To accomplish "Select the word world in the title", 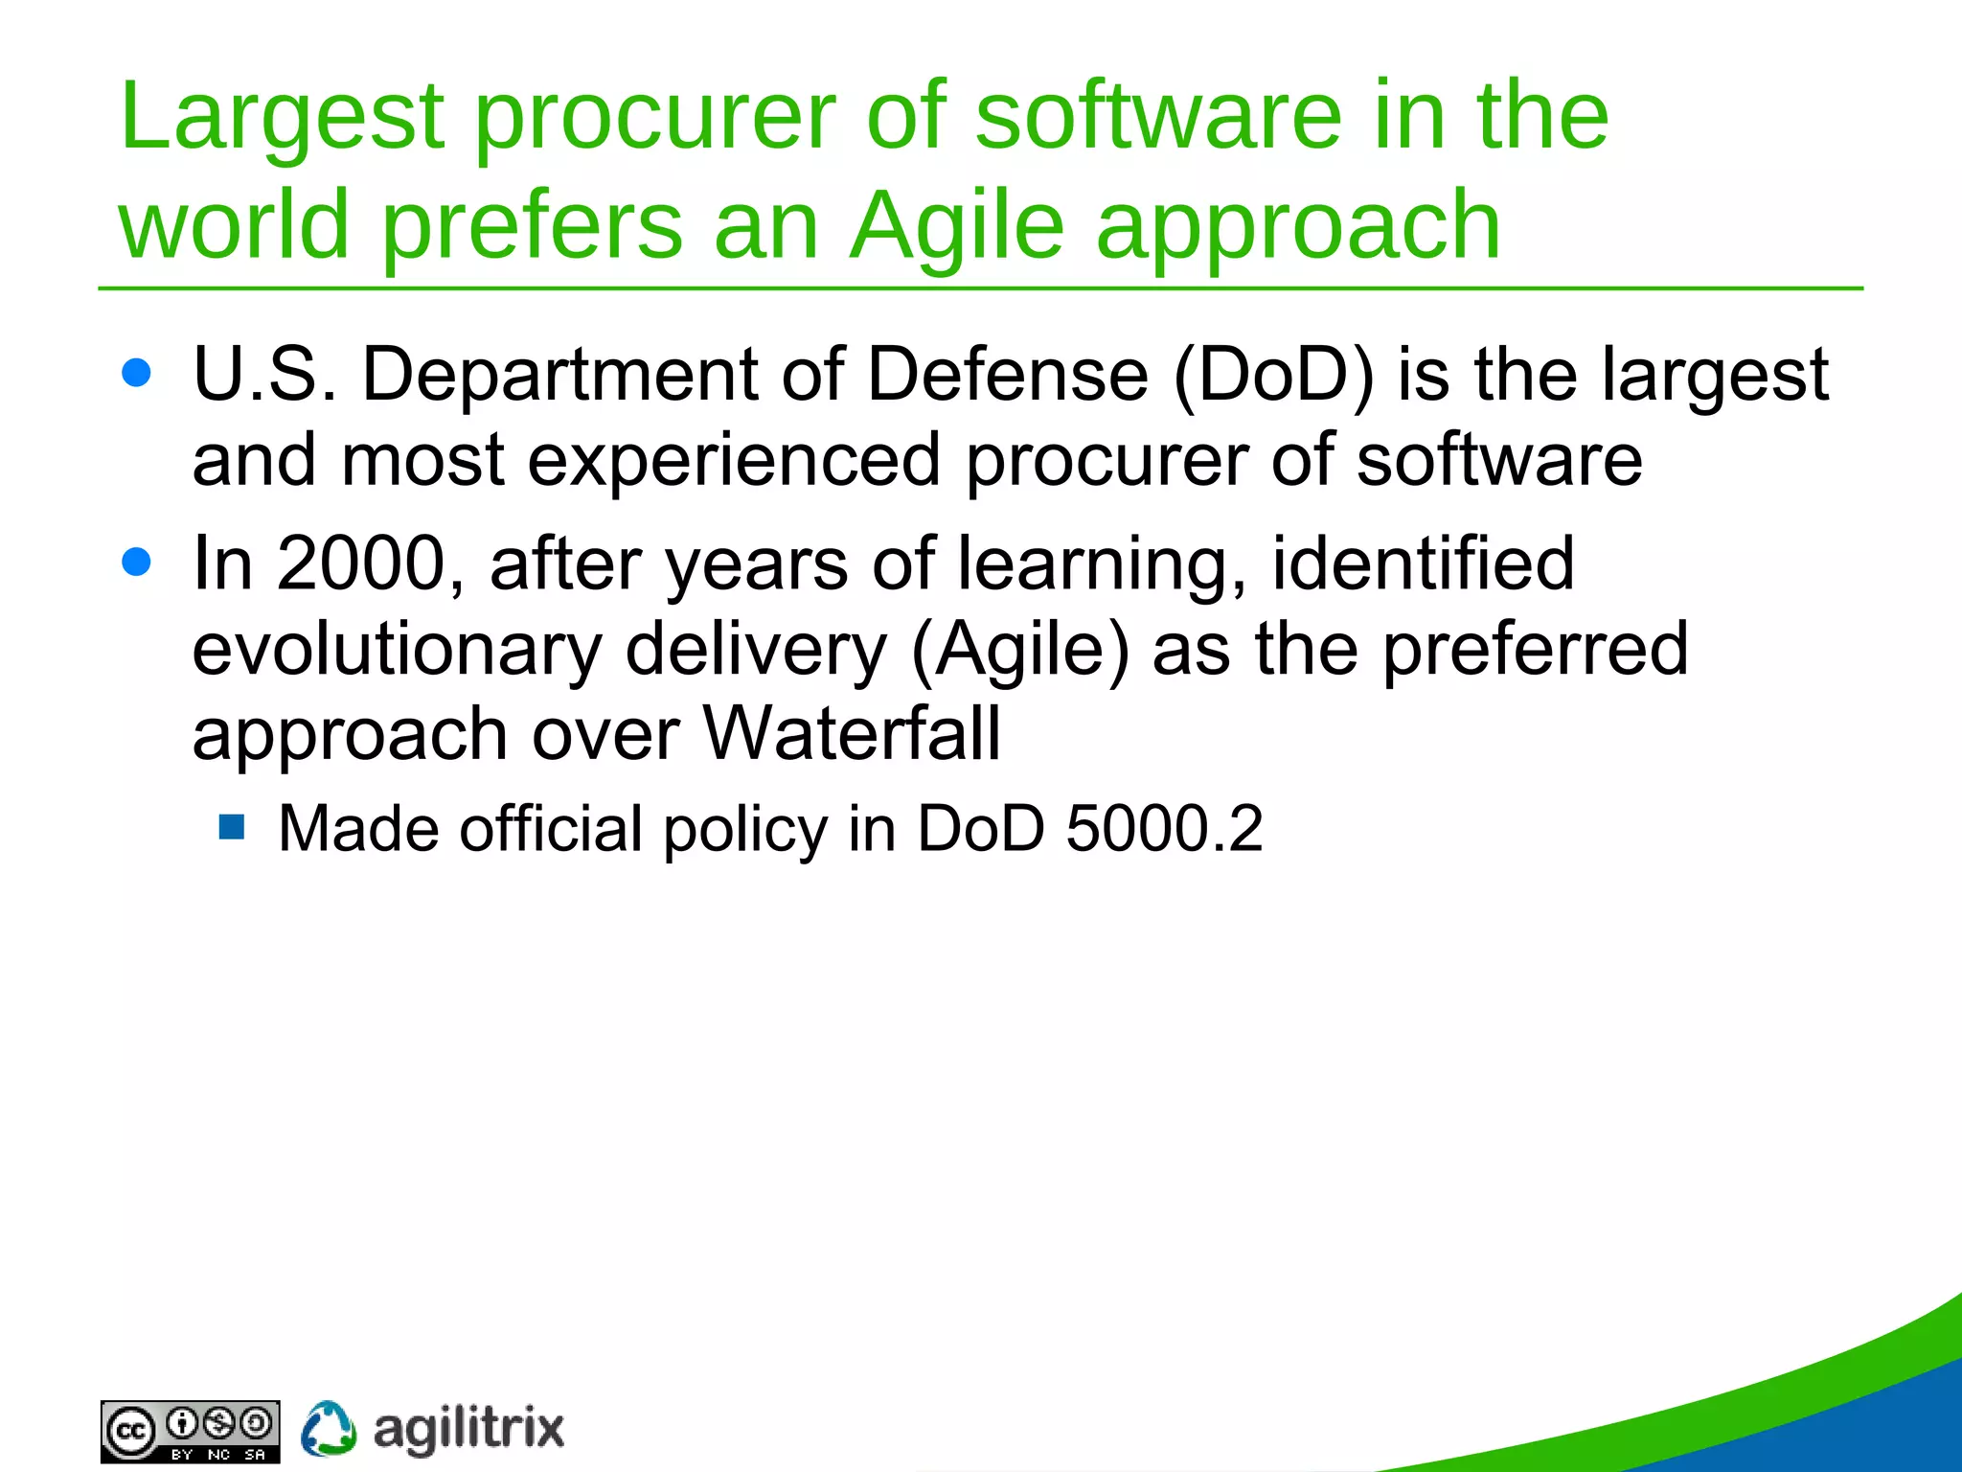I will coord(234,226).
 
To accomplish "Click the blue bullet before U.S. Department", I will coord(137,373).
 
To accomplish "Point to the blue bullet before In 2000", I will coord(137,562).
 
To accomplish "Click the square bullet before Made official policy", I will coord(232,826).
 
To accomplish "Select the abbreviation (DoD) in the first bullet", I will coord(1273,375).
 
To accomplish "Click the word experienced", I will coord(734,461).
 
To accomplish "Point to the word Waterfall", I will coord(852,734).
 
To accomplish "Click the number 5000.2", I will coord(1164,829).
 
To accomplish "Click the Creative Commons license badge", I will coord(190,1432).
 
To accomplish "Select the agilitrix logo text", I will coord(468,1430).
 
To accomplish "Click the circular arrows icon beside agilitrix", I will coord(329,1430).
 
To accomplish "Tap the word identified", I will coord(1423,563).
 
